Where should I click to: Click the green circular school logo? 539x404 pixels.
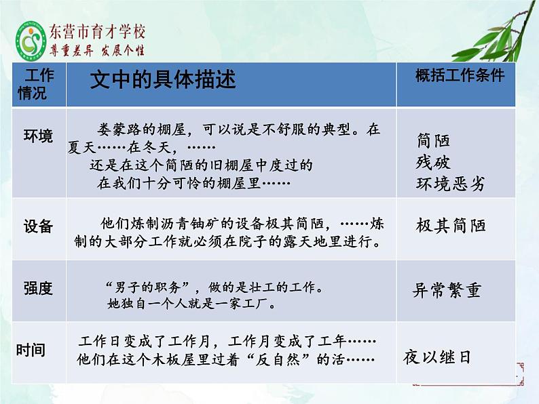click(29, 41)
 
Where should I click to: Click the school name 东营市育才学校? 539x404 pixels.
click(97, 32)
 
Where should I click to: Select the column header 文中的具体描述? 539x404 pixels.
click(163, 80)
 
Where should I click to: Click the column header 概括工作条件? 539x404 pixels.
click(460, 75)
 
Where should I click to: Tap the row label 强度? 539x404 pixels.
click(38, 288)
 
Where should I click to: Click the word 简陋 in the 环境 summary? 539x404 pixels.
click(434, 140)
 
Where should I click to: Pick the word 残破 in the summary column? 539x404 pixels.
click(434, 162)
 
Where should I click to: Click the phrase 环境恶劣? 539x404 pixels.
click(451, 184)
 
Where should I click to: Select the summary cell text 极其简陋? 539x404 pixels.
click(451, 226)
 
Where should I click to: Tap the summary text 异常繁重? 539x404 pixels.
click(447, 290)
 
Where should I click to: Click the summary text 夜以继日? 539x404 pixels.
click(436, 357)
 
